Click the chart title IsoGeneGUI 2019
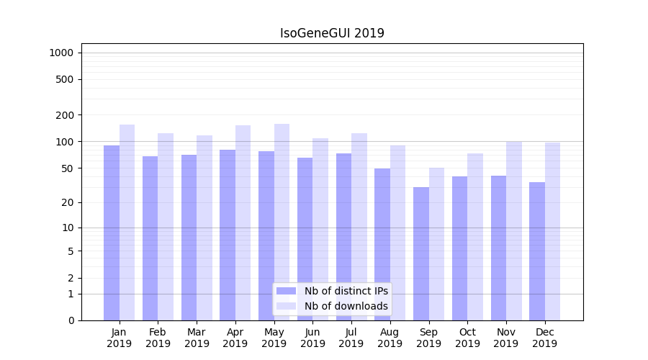point(332,33)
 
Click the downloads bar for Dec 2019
point(553,231)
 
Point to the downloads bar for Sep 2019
point(436,244)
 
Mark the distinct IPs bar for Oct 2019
point(460,248)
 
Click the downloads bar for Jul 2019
point(359,227)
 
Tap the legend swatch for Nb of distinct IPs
point(286,291)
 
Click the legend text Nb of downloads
point(346,306)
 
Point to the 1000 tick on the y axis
point(61,53)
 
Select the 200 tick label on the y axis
point(65,115)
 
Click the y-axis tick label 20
point(68,202)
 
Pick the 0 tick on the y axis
point(71,320)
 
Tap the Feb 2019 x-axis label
point(158,338)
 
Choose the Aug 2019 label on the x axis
point(390,338)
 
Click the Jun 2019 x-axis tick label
point(312,338)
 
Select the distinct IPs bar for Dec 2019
point(537,251)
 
